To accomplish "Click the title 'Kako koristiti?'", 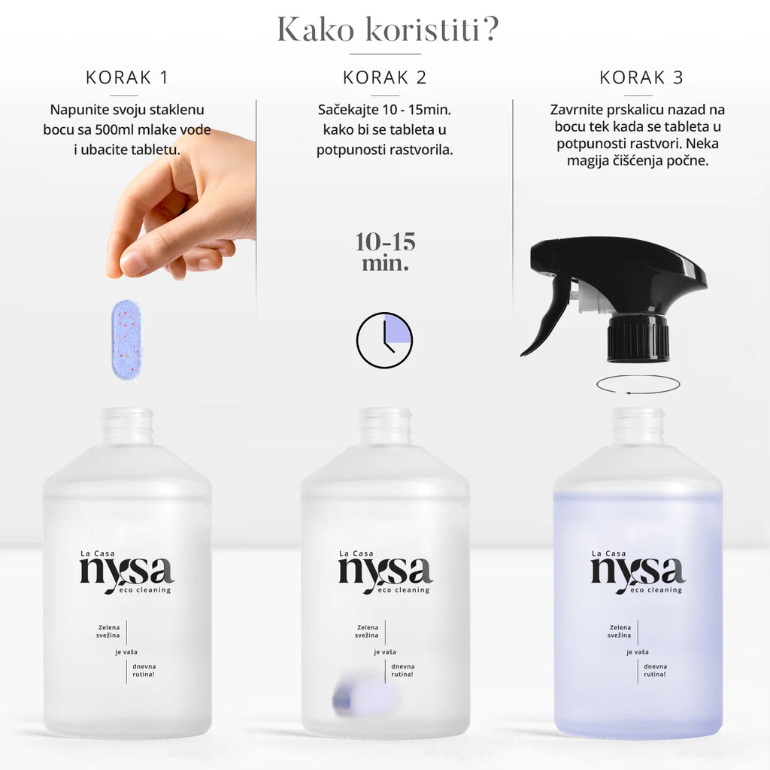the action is tap(387, 29).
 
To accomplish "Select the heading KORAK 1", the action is tap(127, 77).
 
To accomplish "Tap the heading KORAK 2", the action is tap(384, 77).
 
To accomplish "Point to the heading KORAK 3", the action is tap(641, 77).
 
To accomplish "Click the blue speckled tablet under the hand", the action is tap(126, 340).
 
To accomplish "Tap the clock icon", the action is tap(384, 340).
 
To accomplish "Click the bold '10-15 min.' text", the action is tap(386, 252).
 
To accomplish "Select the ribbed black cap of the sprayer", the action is tap(638, 338).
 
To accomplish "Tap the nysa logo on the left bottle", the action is tap(126, 572).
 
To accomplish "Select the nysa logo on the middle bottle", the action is tap(385, 572).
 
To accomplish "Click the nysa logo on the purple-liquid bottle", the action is tap(638, 572).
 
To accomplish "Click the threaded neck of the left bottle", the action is tap(127, 426).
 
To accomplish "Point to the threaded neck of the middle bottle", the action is tap(385, 426).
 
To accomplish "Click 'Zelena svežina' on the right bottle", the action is tap(620, 631).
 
